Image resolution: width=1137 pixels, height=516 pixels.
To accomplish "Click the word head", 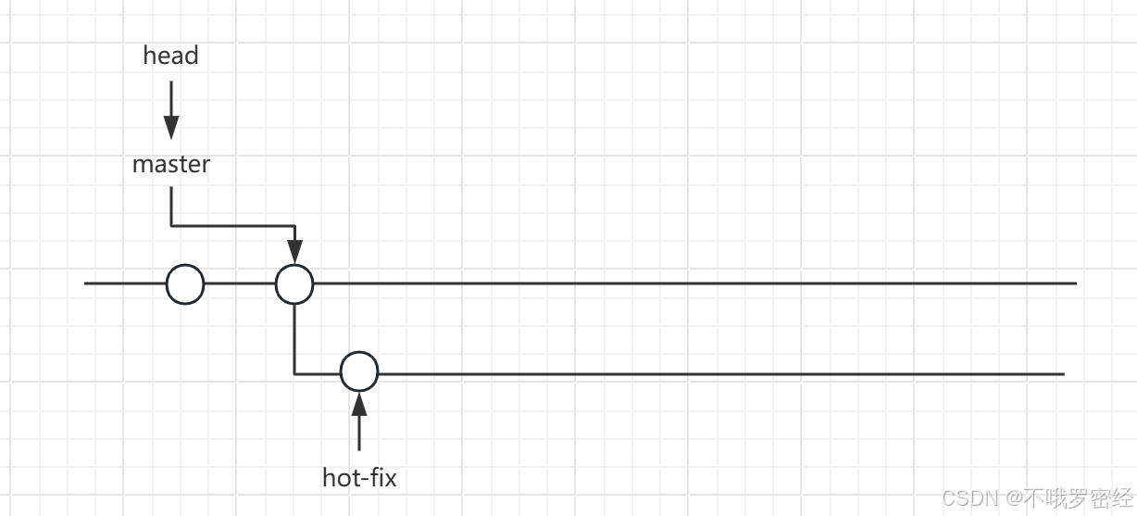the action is (x=170, y=56).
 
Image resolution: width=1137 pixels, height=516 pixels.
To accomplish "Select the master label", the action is (x=171, y=165).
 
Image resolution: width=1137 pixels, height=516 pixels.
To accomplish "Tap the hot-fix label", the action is (x=359, y=478).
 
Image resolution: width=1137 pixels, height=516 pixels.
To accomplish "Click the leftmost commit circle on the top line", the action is (x=185, y=283).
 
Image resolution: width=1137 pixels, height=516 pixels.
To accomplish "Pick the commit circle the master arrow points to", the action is (x=294, y=283).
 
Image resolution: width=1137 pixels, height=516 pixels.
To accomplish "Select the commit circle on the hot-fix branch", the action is (x=359, y=372).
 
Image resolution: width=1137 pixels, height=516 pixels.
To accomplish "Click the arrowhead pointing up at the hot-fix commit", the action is (x=359, y=404).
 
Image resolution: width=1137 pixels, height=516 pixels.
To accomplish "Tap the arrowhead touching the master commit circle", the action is (x=294, y=251).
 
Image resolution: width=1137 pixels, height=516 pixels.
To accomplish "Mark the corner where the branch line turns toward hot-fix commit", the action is (x=294, y=373).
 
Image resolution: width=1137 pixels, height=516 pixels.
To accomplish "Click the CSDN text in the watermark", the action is (x=971, y=497).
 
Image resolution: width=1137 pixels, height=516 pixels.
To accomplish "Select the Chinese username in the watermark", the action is (x=1077, y=497).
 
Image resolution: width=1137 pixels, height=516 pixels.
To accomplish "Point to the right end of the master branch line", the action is (x=1074, y=283).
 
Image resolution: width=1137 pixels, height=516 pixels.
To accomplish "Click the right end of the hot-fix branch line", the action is (x=1063, y=373).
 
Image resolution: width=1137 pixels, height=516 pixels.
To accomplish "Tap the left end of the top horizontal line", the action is (x=86, y=283).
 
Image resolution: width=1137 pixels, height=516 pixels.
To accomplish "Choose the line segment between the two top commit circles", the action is (x=240, y=283).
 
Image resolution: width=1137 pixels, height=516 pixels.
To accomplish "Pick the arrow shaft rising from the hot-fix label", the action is (x=359, y=434).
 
